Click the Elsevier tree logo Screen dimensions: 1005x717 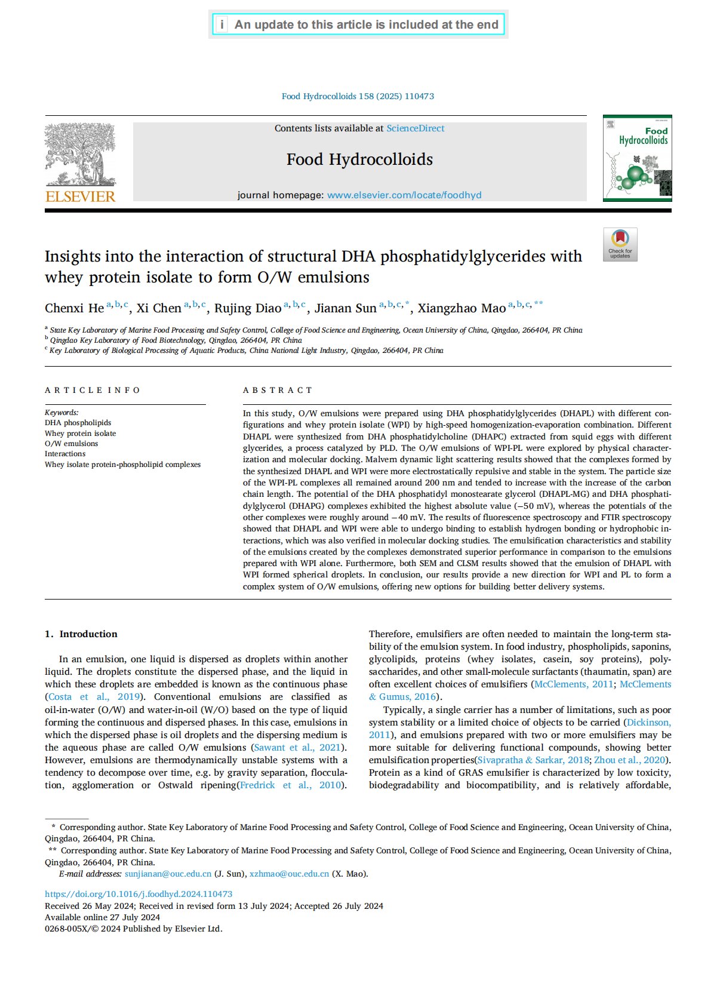pyautogui.click(x=80, y=154)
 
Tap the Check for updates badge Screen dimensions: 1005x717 pyautogui.click(x=620, y=244)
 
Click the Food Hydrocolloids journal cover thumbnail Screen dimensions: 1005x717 pyautogui.click(x=637, y=158)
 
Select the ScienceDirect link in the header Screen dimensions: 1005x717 pyautogui.click(x=415, y=128)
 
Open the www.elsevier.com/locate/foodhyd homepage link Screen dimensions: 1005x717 pyautogui.click(x=404, y=195)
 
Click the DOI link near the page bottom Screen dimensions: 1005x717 pyautogui.click(x=139, y=894)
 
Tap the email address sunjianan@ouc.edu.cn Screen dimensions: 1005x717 pyautogui.click(x=168, y=874)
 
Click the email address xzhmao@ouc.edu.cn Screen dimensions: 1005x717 pyautogui.click(x=289, y=874)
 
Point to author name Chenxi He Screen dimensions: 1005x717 pyautogui.click(x=74, y=308)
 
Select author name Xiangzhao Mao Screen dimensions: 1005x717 pyautogui.click(x=461, y=308)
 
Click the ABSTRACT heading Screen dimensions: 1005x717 pyautogui.click(x=278, y=390)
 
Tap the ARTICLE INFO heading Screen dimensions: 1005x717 pyautogui.click(x=93, y=390)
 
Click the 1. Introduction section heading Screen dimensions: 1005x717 pyautogui.click(x=81, y=634)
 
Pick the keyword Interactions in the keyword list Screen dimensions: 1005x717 pyautogui.click(x=65, y=454)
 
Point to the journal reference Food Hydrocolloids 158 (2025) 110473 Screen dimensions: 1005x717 pyautogui.click(x=358, y=96)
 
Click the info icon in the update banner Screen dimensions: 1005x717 pyautogui.click(x=221, y=24)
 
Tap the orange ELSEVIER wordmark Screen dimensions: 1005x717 pyautogui.click(x=80, y=196)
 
